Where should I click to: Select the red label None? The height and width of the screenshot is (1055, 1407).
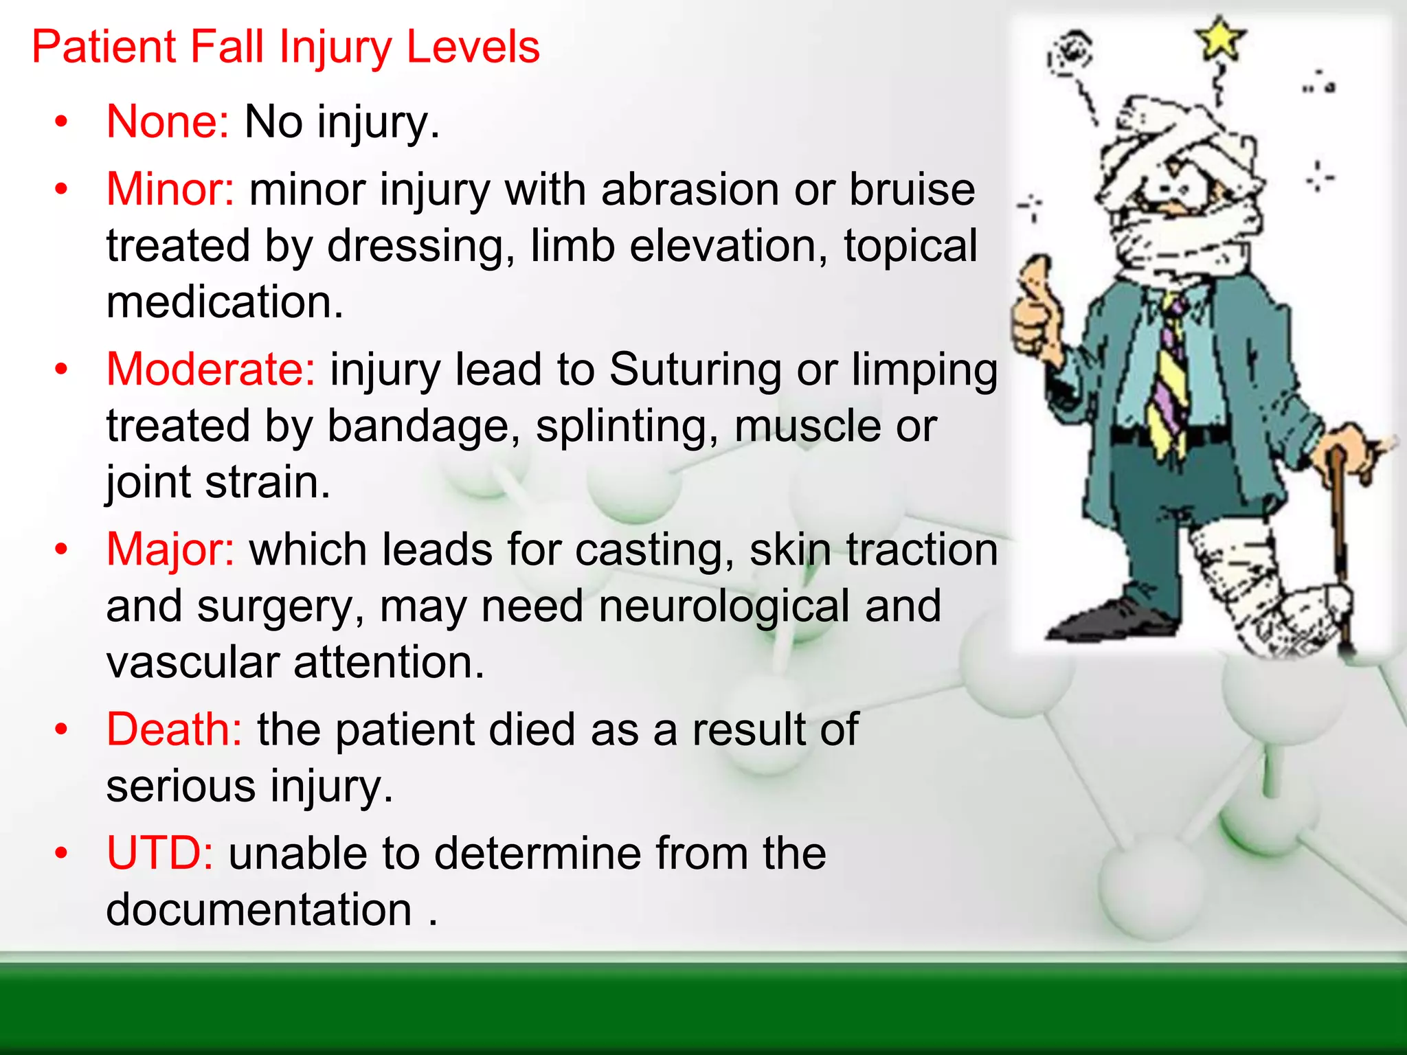(x=168, y=122)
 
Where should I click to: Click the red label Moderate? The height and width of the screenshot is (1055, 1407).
(x=211, y=369)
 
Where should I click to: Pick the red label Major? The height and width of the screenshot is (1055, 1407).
(x=170, y=549)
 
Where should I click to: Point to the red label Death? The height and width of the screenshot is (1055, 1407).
(x=175, y=729)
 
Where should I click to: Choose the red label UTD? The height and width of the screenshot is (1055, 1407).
(x=160, y=853)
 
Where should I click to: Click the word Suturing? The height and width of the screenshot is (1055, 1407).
(x=695, y=369)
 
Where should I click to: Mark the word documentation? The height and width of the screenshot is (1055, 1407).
(x=259, y=909)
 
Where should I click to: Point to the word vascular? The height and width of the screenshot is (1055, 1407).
(x=192, y=662)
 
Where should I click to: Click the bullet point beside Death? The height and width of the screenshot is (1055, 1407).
(x=62, y=729)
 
